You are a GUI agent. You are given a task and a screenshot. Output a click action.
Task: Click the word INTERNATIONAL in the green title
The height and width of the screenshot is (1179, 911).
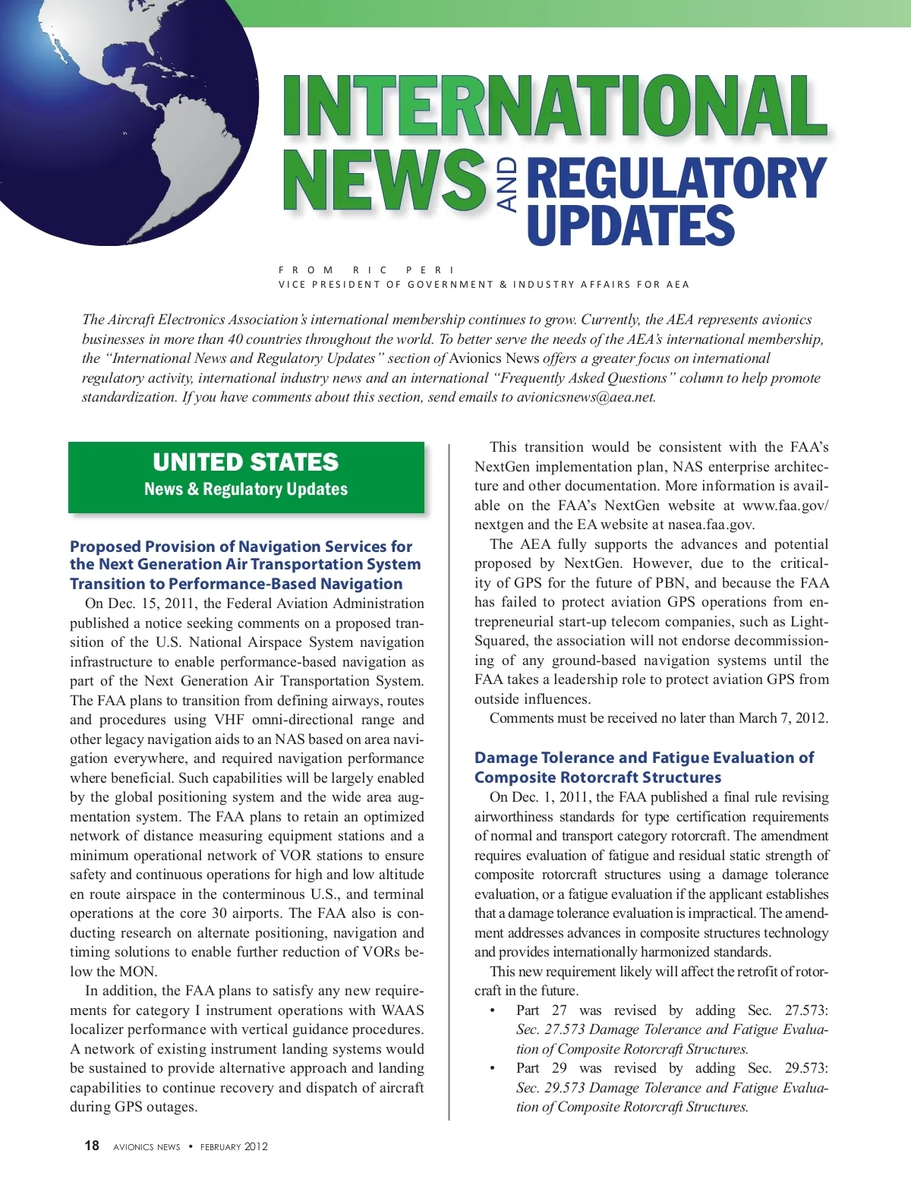[554, 106]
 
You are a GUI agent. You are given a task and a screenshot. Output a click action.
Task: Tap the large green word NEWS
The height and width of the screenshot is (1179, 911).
[384, 180]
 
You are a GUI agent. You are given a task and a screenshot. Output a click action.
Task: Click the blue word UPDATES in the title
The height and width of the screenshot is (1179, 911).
[630, 225]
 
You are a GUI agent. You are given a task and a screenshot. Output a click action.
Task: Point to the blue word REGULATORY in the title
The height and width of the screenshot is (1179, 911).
[676, 178]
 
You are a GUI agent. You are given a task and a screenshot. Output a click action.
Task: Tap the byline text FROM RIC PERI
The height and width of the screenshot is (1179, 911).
[366, 270]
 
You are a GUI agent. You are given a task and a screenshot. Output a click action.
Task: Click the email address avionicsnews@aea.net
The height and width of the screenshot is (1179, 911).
[585, 397]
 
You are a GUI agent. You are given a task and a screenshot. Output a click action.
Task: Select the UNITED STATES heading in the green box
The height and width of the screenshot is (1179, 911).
[245, 462]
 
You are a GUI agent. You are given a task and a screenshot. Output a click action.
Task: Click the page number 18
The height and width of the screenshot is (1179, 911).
[92, 1146]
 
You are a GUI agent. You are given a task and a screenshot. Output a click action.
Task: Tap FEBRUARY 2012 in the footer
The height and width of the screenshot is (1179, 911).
[234, 1146]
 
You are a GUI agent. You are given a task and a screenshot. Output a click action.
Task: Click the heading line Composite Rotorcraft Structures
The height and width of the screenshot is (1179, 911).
[597, 777]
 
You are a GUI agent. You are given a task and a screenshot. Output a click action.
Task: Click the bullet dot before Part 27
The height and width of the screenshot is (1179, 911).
[493, 1010]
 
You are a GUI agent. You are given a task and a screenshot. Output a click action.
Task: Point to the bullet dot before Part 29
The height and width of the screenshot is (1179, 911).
[493, 1068]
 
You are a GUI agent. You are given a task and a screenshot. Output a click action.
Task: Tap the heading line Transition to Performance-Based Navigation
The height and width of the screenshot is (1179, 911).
[236, 584]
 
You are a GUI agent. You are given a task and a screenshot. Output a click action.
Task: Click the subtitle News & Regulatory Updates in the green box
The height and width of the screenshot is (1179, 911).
[246, 489]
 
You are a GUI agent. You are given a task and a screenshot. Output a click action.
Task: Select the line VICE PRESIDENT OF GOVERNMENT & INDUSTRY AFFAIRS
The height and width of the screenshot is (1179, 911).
[484, 285]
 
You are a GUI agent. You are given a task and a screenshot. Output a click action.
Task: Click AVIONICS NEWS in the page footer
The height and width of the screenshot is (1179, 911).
[147, 1147]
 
